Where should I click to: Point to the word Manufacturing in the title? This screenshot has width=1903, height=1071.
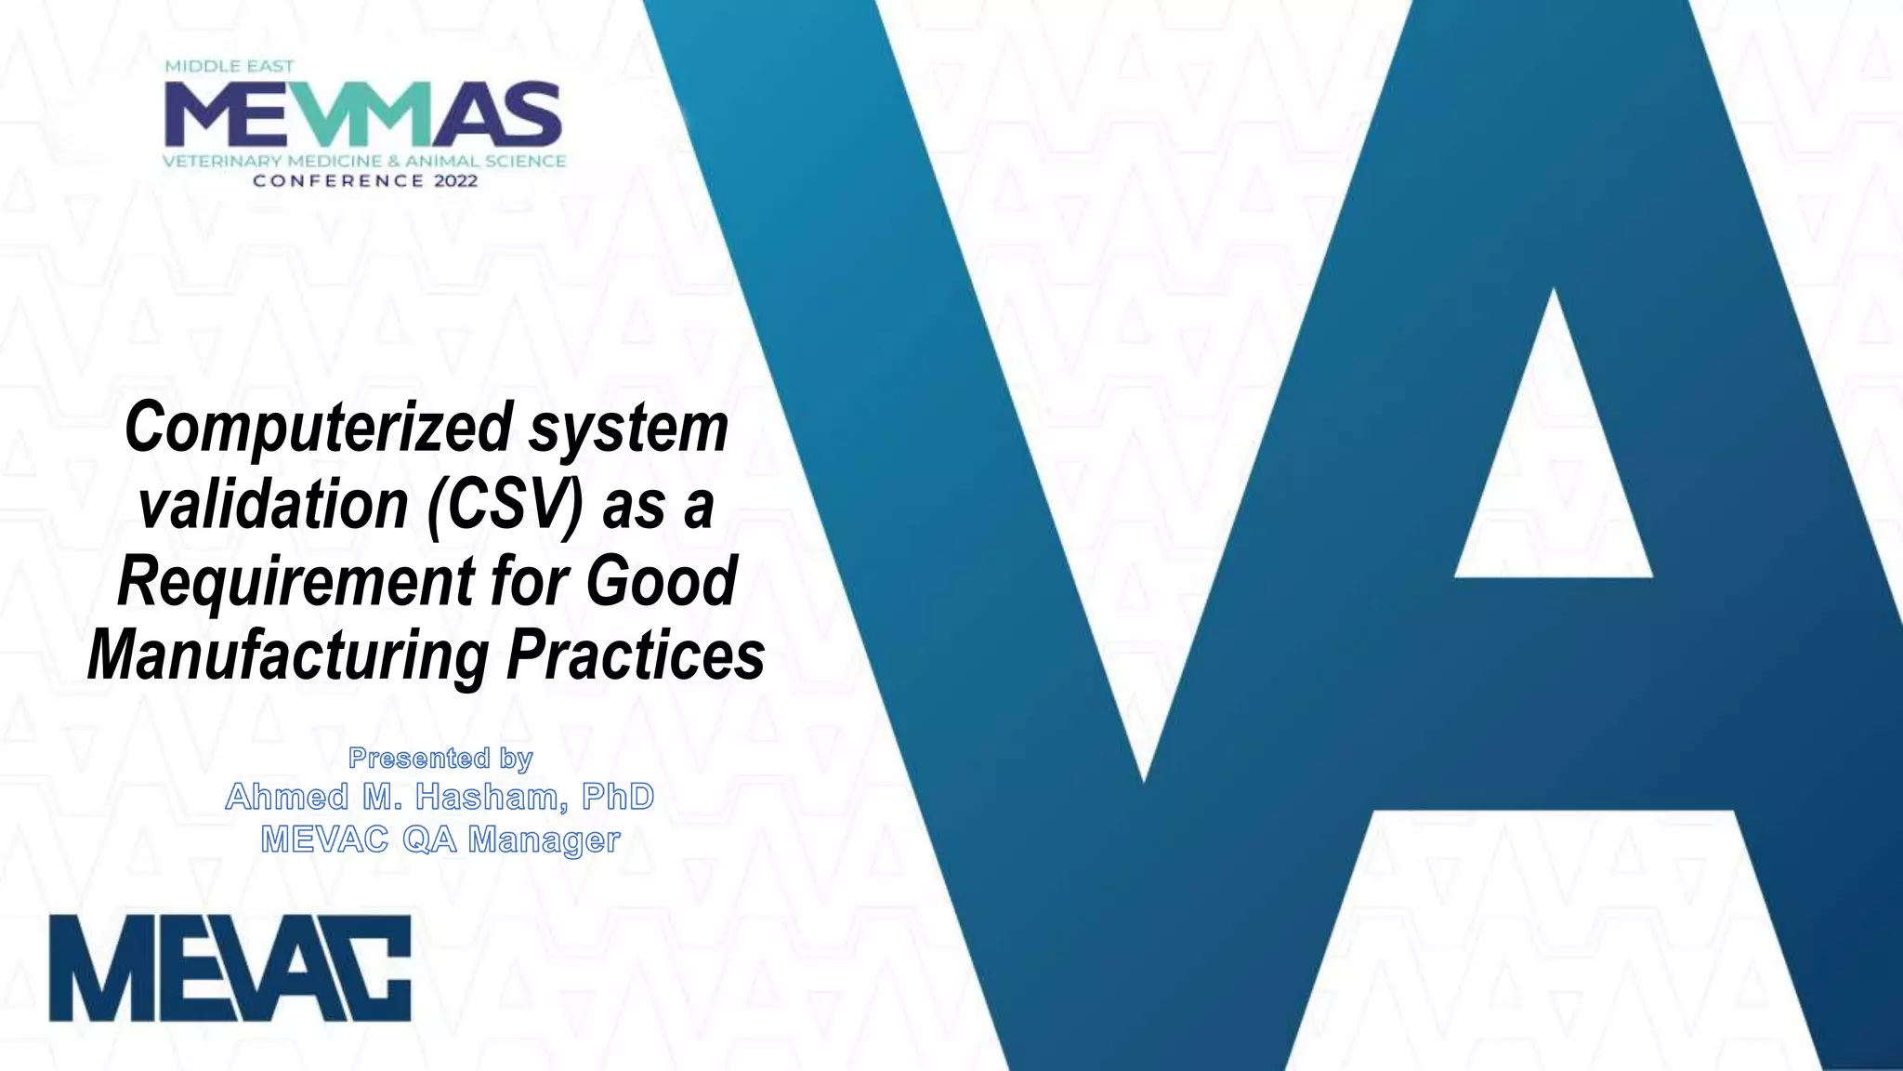[287, 656]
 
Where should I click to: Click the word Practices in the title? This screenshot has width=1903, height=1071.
[636, 656]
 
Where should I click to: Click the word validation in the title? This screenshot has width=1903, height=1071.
[273, 506]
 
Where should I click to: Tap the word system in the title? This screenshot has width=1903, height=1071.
[629, 430]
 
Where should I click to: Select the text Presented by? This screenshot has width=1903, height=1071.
[440, 759]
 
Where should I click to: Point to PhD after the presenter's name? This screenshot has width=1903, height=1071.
[618, 798]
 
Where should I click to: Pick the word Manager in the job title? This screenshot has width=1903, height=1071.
[544, 840]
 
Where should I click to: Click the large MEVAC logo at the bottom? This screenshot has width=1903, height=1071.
[230, 968]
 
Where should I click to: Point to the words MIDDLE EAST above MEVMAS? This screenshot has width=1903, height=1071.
[230, 67]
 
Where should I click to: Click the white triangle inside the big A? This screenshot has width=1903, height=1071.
[1554, 465]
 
